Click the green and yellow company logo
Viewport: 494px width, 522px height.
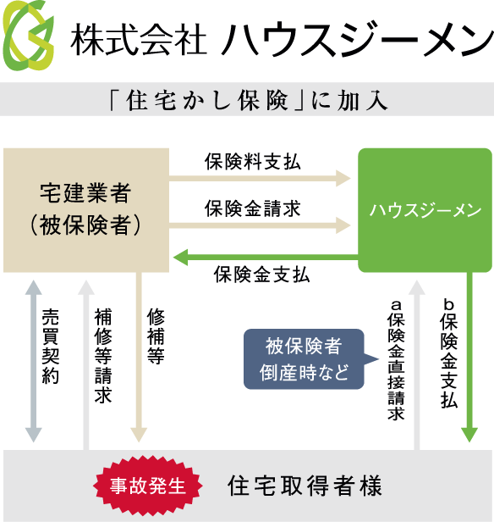[28, 36]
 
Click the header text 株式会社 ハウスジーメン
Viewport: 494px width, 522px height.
[282, 39]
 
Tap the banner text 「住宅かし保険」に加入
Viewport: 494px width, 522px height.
[249, 100]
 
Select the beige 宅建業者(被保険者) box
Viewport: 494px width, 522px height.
[86, 210]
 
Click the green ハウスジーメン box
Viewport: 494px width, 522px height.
[425, 210]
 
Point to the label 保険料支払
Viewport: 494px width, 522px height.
[253, 162]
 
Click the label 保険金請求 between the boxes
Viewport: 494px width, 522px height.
[253, 208]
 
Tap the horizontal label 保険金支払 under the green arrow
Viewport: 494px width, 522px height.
[261, 275]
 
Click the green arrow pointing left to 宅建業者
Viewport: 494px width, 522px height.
[266, 258]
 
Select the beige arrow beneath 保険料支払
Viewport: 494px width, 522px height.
[261, 178]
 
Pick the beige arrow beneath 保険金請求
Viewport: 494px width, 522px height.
[261, 225]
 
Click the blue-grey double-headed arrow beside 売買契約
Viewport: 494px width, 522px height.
[34, 361]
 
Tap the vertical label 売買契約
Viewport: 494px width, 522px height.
[51, 347]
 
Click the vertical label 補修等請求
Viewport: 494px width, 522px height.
[103, 356]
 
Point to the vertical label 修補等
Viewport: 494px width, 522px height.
[156, 336]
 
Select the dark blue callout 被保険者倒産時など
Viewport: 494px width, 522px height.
[304, 359]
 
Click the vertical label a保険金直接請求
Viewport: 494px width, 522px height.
[396, 360]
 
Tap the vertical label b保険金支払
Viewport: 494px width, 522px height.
[449, 354]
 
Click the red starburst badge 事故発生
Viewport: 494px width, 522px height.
[148, 486]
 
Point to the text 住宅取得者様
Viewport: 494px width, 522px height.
[305, 486]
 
